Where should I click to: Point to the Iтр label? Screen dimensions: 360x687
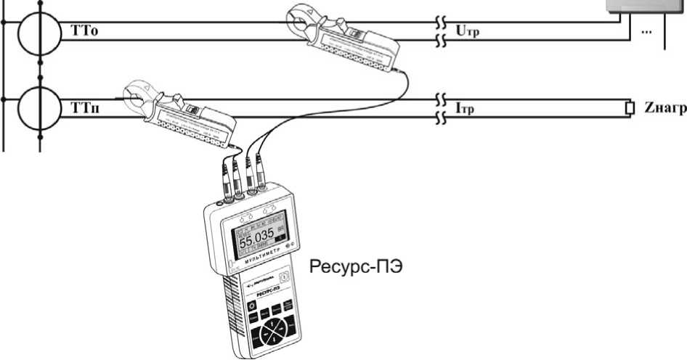tap(465, 109)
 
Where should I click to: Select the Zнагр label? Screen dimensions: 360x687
tap(660, 109)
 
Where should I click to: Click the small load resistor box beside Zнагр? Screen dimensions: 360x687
tap(630, 109)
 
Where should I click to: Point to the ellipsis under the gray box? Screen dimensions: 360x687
tap(646, 33)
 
